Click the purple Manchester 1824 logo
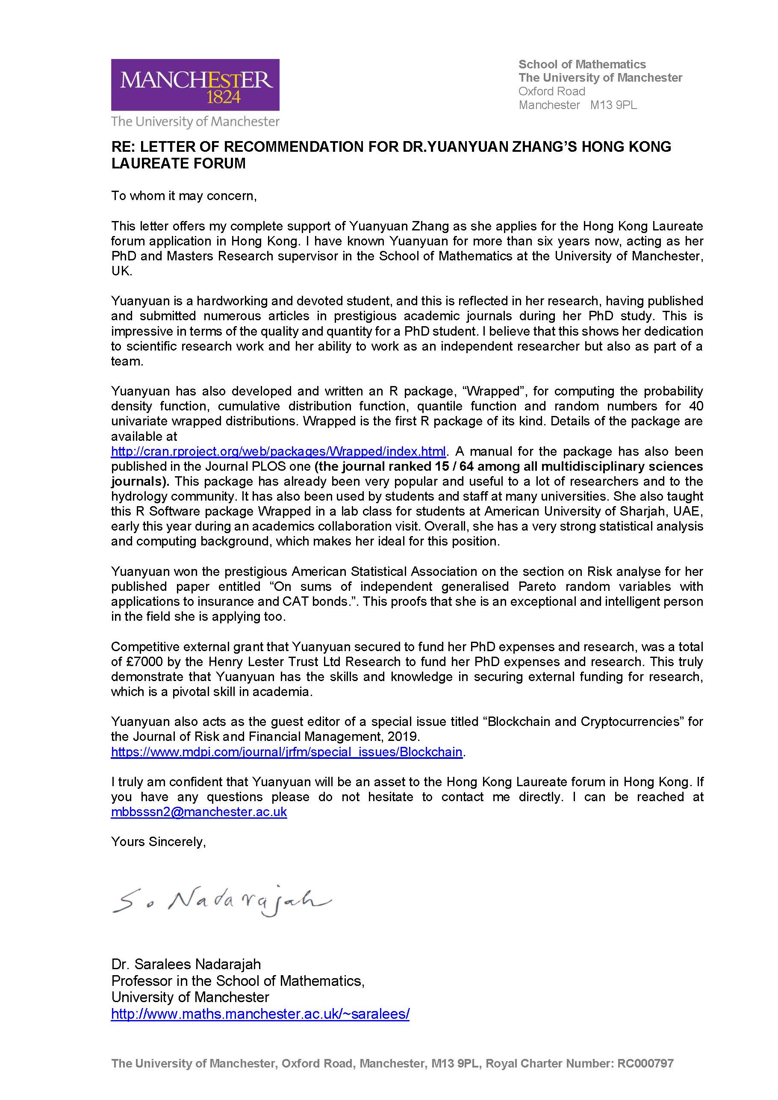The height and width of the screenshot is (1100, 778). tap(195, 85)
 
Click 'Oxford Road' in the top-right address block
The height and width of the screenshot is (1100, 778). tap(551, 91)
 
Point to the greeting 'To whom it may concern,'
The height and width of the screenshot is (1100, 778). tap(184, 196)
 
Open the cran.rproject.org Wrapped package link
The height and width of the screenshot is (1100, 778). tap(278, 451)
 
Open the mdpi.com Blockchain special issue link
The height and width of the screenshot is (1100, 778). tap(286, 752)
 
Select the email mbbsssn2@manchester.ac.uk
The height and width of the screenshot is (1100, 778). tap(199, 812)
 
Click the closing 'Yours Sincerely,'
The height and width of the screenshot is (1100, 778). tap(158, 842)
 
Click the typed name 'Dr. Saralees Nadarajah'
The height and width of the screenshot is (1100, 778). tap(186, 964)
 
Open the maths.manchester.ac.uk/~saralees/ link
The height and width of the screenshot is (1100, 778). tap(260, 1013)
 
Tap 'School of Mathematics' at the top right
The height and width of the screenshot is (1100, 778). tap(582, 64)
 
